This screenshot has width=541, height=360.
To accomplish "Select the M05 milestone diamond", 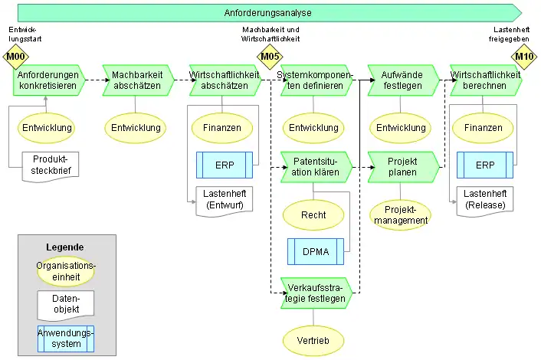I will [x=269, y=57].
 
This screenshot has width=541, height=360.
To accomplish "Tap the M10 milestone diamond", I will [x=524, y=57].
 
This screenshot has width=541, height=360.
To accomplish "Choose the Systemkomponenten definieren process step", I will [x=315, y=80].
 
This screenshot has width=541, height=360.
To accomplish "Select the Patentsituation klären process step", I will [x=315, y=167].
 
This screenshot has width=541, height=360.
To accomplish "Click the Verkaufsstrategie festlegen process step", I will [x=315, y=293].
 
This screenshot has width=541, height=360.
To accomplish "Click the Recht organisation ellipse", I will [x=313, y=215].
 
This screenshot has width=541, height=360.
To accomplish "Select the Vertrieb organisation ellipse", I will [x=313, y=340].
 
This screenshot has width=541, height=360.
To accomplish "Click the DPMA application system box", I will [x=315, y=251].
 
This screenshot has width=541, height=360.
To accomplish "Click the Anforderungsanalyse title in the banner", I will [x=267, y=12].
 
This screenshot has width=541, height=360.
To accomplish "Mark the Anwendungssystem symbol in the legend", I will [x=65, y=338].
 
